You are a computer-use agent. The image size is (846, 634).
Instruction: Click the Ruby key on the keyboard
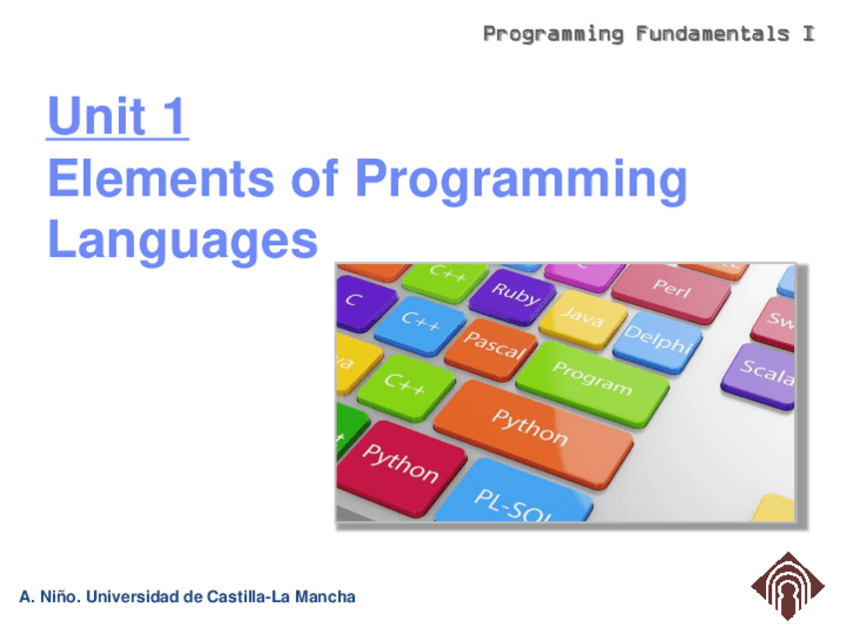tap(513, 295)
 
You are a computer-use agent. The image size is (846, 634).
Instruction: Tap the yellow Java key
tap(584, 318)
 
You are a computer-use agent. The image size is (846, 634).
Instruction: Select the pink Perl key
tap(671, 292)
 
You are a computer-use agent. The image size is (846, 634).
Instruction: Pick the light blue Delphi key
tap(657, 341)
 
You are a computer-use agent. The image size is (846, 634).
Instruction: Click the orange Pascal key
tap(492, 348)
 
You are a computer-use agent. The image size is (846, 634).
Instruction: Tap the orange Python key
tap(533, 432)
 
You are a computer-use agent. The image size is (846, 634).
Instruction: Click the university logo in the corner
tap(788, 586)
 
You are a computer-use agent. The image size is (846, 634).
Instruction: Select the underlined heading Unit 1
tap(117, 116)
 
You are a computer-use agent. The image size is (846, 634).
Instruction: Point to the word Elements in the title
tap(161, 179)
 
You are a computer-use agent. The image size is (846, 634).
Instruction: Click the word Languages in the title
tap(183, 241)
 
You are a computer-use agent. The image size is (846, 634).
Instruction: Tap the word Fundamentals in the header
tap(712, 34)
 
